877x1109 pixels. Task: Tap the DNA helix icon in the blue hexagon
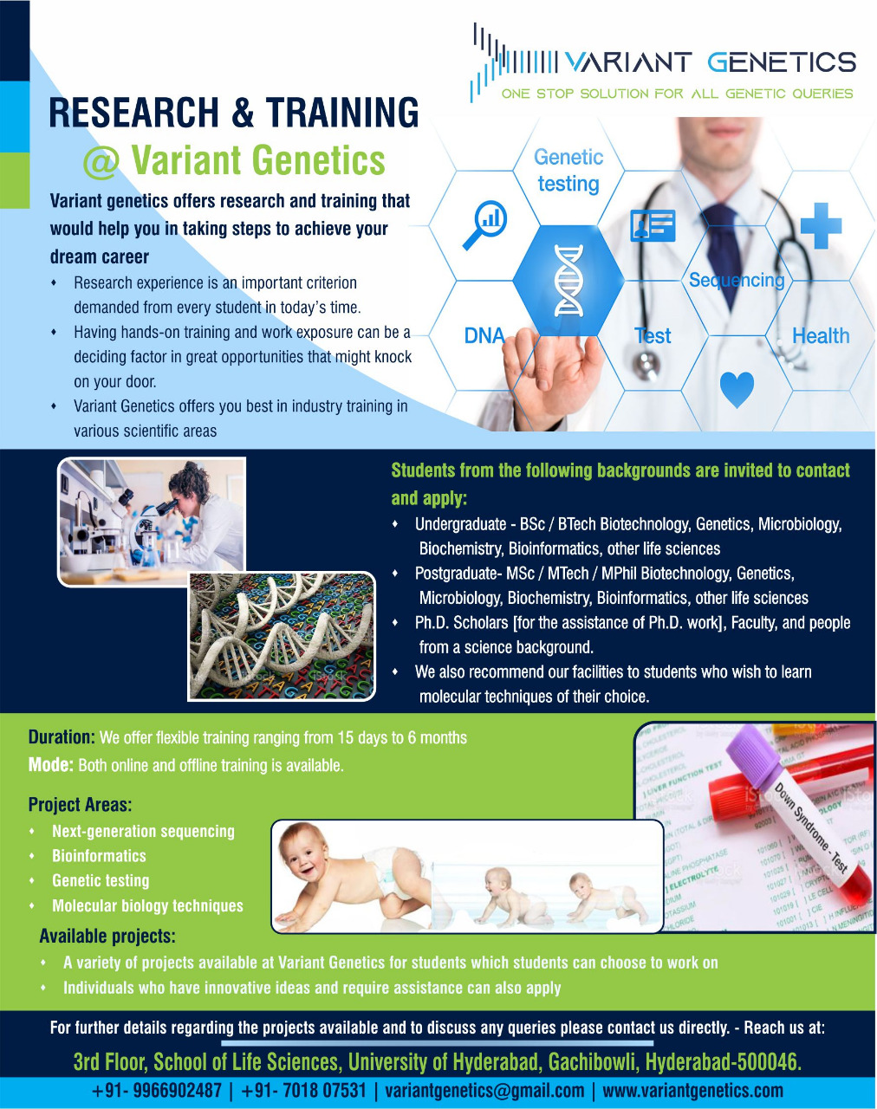point(568,280)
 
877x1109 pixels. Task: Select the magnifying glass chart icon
point(484,224)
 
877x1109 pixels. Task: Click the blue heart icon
point(737,389)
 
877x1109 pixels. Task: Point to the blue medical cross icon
point(820,225)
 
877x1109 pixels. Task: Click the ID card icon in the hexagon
point(653,225)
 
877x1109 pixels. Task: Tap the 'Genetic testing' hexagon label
point(568,171)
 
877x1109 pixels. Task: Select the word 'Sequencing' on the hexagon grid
point(736,280)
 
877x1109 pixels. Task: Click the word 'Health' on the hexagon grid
point(820,336)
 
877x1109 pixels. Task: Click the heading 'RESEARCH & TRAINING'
point(234,113)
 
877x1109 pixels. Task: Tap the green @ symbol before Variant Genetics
point(101,163)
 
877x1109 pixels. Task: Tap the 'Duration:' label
point(61,737)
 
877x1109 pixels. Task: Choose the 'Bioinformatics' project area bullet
point(99,856)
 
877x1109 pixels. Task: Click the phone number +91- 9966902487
point(157,1091)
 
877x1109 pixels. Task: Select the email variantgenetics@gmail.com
point(484,1091)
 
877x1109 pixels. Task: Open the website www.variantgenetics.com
point(692,1091)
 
